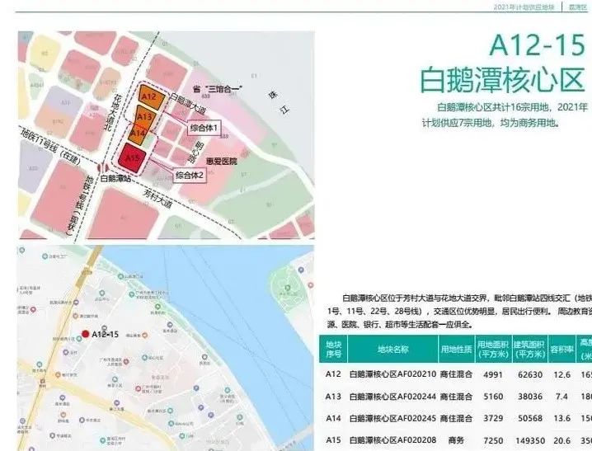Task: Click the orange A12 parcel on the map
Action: point(148,96)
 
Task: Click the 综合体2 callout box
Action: point(190,176)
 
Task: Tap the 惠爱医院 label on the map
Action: point(223,162)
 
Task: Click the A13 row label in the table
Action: point(333,395)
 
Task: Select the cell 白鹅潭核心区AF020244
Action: point(392,395)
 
